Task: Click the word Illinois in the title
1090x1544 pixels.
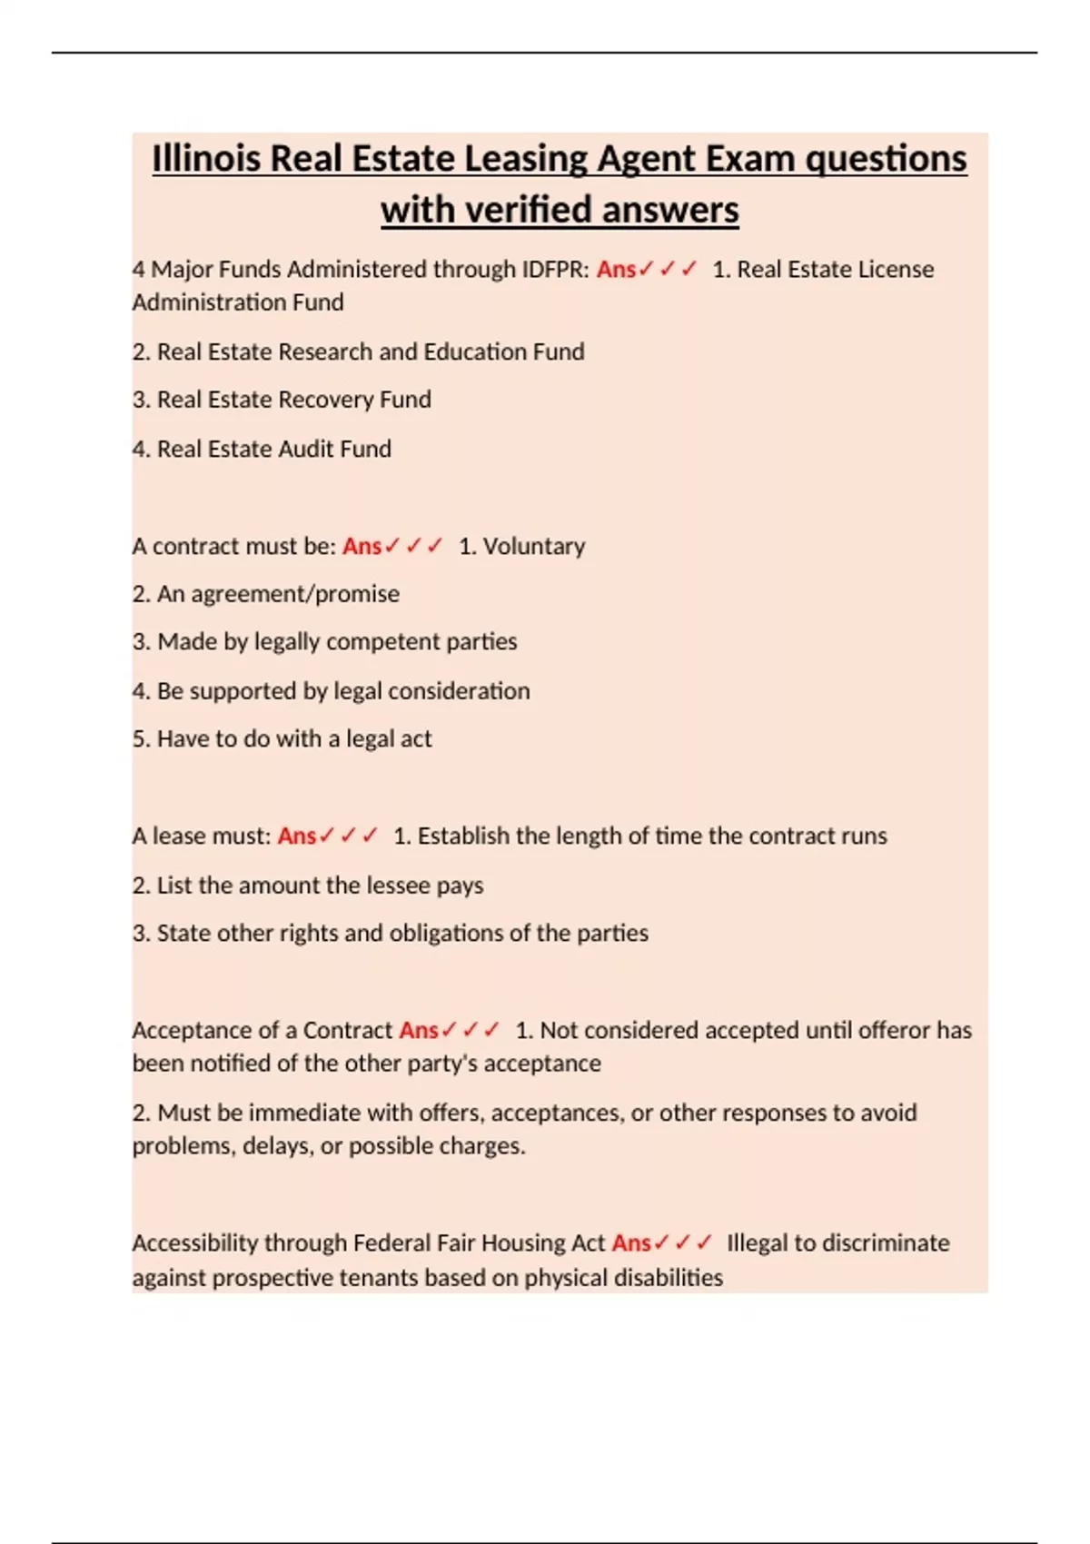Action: pyautogui.click(x=207, y=159)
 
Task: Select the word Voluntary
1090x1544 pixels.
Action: pyautogui.click(x=533, y=546)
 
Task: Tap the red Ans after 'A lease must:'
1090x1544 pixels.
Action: pyautogui.click(x=296, y=836)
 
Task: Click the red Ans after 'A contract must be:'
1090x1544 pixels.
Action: pyautogui.click(x=362, y=546)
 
